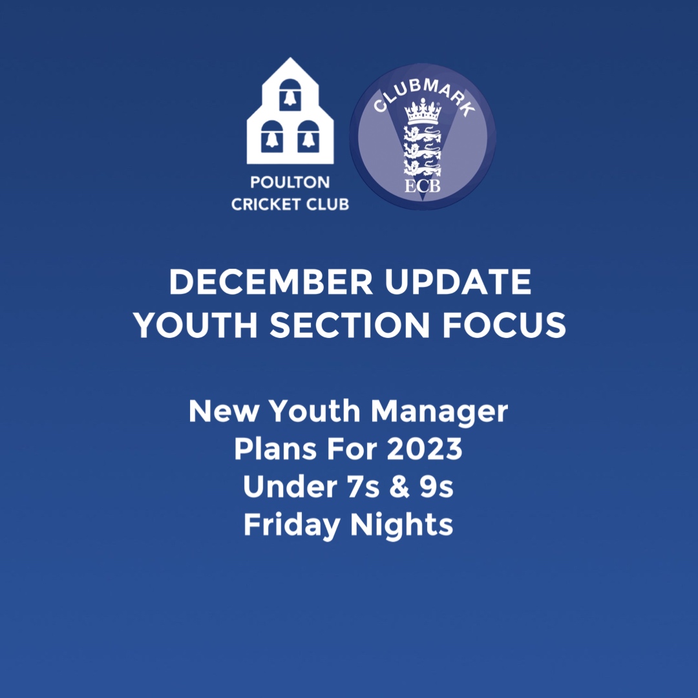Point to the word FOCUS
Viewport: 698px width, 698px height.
point(504,325)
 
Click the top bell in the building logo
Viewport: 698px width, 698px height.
point(290,96)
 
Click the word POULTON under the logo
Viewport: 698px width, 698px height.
point(290,185)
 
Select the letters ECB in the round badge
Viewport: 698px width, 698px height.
point(423,187)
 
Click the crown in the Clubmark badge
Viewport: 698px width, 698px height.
point(423,111)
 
